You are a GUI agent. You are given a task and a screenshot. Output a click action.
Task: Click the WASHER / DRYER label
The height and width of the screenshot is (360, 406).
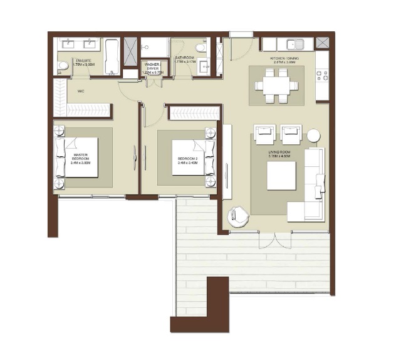click(x=152, y=68)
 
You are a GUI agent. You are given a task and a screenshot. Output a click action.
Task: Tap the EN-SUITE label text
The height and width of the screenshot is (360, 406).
click(x=83, y=61)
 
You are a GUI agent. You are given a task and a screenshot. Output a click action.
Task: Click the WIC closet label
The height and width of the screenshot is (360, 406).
click(x=81, y=92)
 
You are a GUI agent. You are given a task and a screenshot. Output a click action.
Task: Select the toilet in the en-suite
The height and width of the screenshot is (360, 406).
click(x=63, y=65)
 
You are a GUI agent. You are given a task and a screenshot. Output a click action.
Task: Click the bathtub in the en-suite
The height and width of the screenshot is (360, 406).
click(x=112, y=56)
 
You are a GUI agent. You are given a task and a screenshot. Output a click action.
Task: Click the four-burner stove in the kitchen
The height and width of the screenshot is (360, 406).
click(x=323, y=75)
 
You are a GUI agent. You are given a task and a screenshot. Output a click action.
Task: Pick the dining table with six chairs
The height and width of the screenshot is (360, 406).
click(x=276, y=85)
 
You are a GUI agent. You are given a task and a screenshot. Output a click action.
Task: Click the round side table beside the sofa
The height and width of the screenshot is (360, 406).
click(x=313, y=135)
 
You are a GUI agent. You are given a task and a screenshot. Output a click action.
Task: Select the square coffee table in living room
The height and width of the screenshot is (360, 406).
click(x=281, y=176)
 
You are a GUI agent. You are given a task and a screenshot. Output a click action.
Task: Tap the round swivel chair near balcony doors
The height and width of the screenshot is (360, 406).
click(x=239, y=216)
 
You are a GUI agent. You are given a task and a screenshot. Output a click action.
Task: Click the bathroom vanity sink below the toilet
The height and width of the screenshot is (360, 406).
click(x=204, y=67)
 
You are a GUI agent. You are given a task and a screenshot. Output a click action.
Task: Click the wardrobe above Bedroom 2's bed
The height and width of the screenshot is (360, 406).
click(x=194, y=113)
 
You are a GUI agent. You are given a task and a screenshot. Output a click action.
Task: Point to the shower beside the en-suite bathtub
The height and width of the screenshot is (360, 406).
click(x=131, y=51)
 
